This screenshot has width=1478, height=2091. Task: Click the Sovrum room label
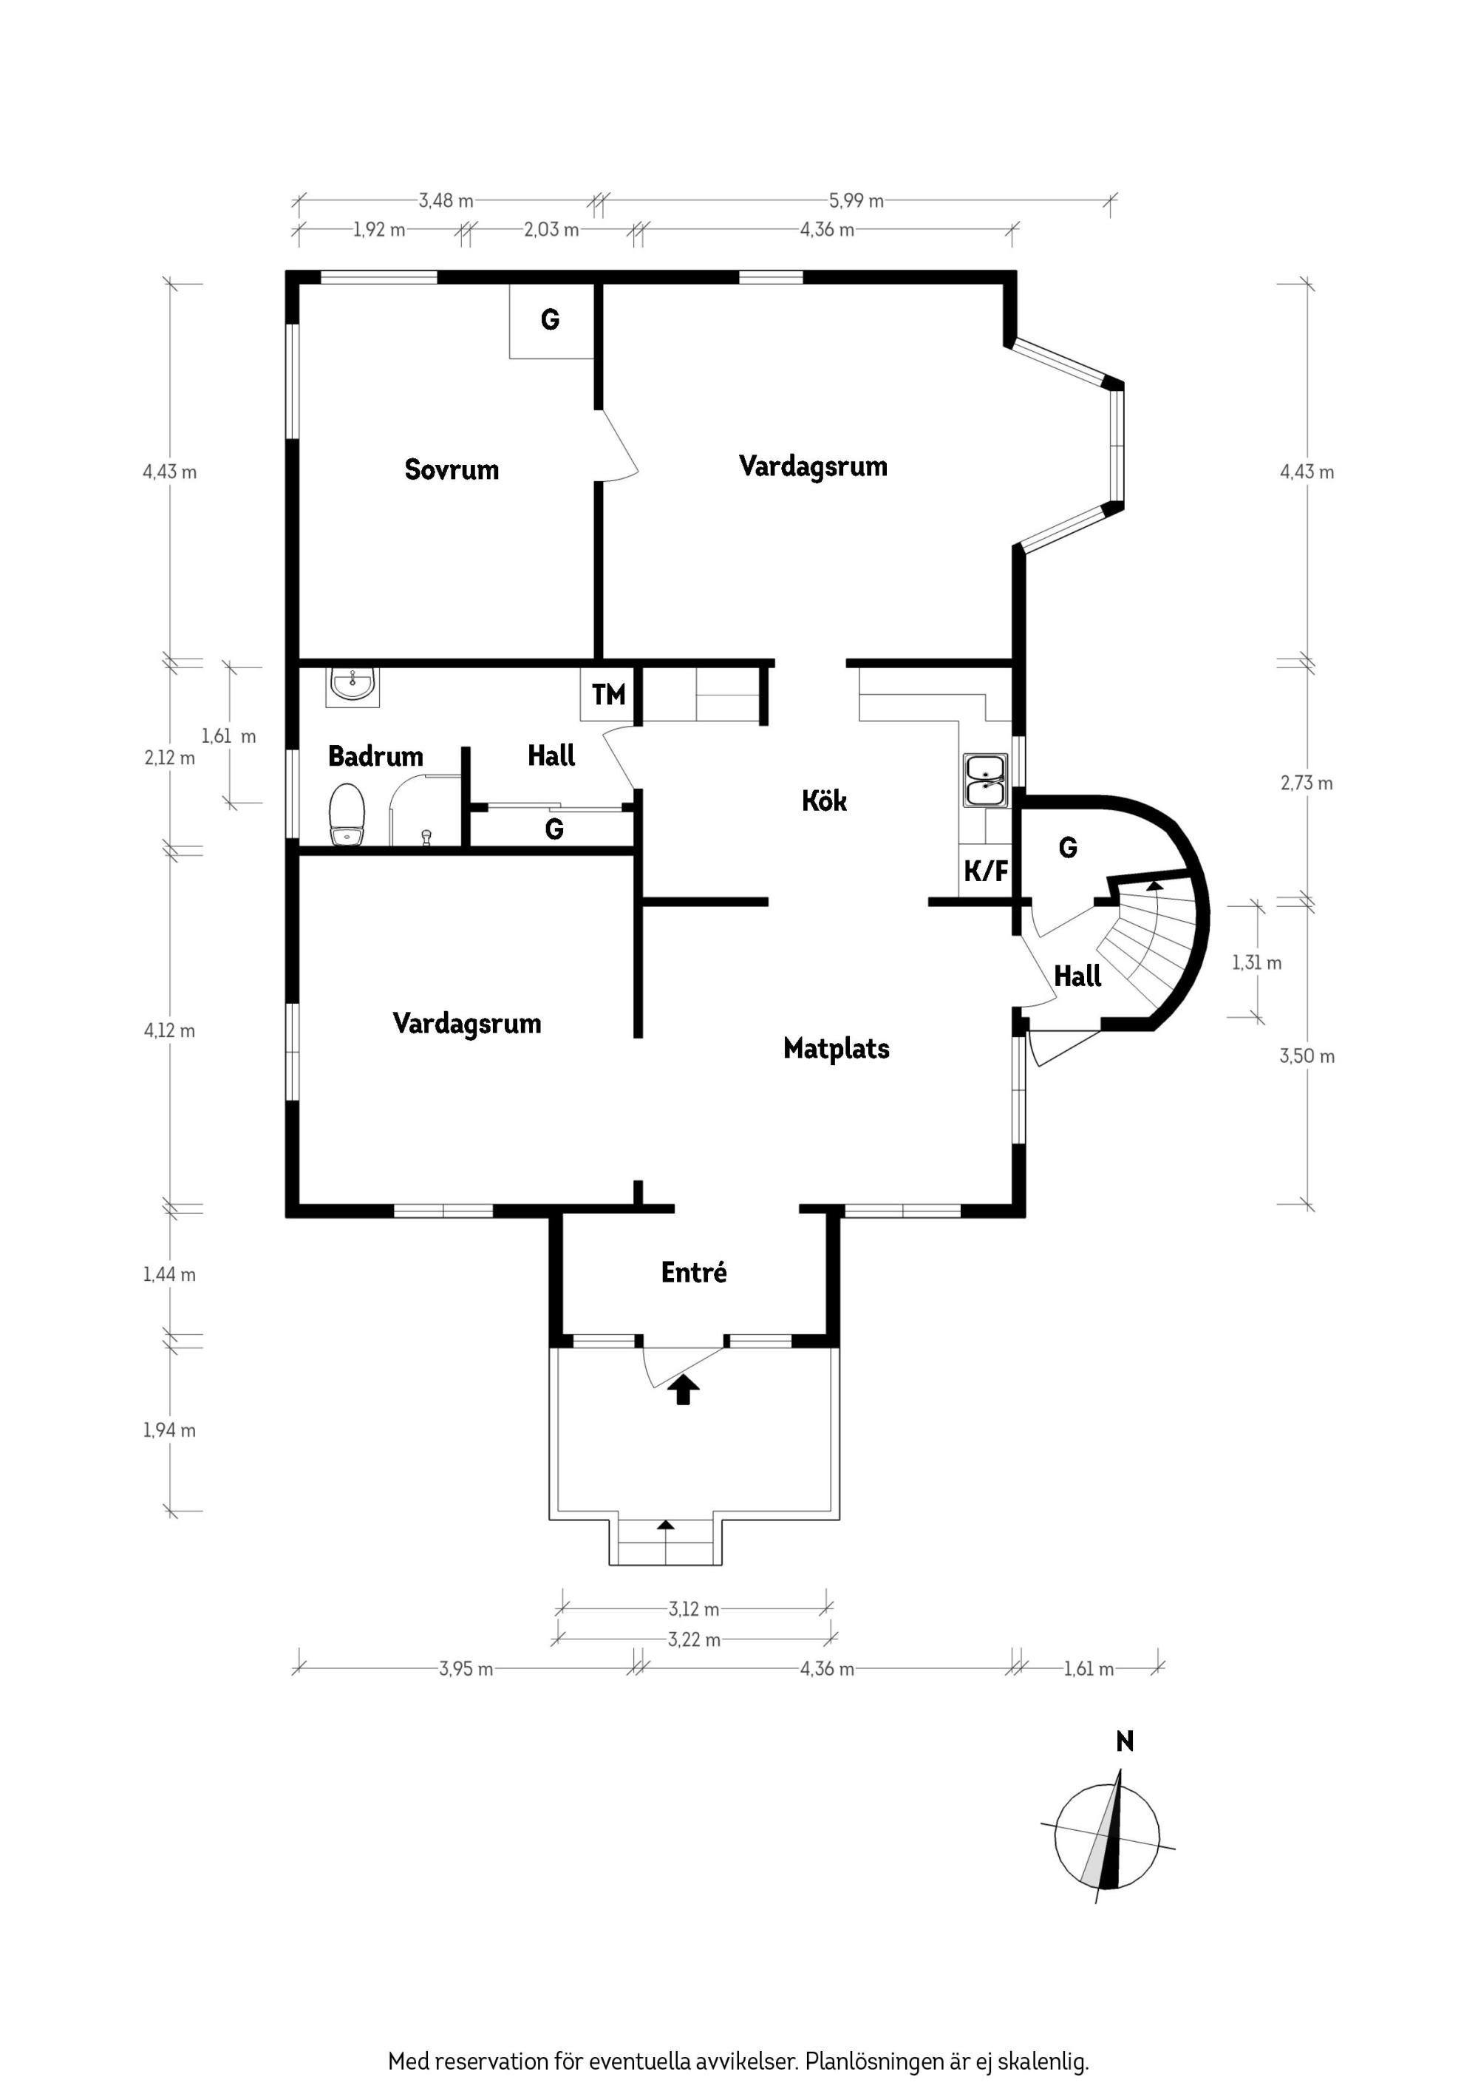[452, 470]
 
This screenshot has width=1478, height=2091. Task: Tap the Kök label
[824, 800]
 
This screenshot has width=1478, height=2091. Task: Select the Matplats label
[836, 1048]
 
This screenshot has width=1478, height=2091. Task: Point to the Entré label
[694, 1272]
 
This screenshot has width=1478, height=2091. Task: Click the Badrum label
[375, 756]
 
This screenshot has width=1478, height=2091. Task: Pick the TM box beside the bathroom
[608, 695]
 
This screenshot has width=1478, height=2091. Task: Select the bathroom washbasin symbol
[352, 686]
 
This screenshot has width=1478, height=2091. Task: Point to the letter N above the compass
[1125, 1741]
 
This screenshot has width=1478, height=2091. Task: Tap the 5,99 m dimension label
[856, 200]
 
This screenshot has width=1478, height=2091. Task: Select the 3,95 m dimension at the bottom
[466, 1670]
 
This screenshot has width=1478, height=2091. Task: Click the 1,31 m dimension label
[1257, 962]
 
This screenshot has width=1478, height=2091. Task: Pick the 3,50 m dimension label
[1307, 1056]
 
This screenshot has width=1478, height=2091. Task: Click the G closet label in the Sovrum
[550, 319]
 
